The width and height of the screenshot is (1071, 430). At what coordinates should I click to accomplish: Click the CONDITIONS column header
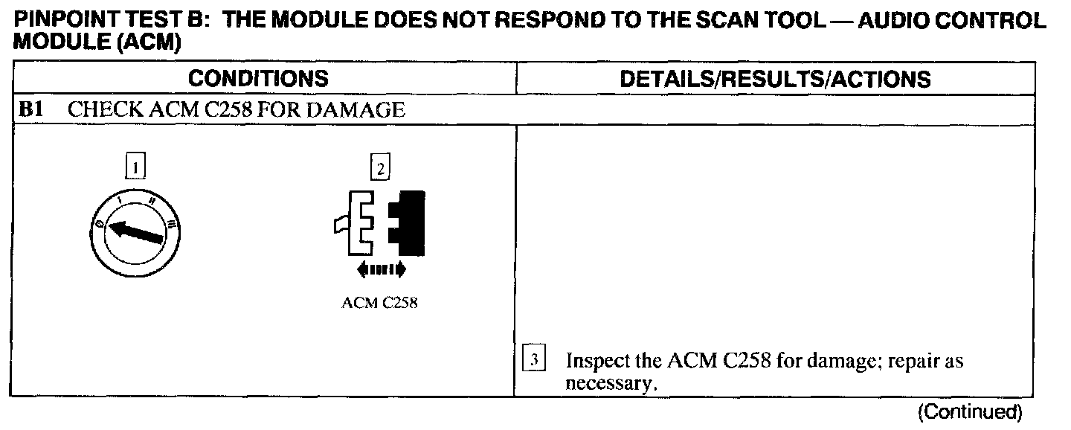258,79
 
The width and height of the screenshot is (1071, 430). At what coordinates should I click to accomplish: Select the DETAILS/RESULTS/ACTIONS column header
774,79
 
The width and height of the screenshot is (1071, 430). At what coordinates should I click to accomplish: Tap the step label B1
30,110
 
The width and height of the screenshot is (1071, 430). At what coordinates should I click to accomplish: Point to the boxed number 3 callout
534,361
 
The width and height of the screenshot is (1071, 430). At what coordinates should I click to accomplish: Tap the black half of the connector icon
407,222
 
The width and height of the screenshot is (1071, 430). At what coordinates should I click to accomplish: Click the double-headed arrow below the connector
381,269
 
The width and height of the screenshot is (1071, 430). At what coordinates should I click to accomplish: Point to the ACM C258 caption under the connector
379,304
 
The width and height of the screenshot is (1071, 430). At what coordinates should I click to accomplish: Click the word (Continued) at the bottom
971,411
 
